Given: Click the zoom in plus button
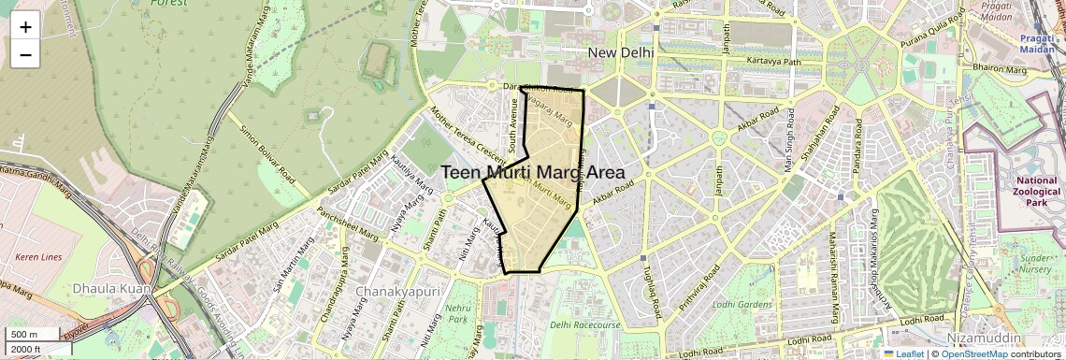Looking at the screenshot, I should (25, 26).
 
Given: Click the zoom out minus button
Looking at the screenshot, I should (25, 54).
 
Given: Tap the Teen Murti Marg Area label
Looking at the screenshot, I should (532, 172).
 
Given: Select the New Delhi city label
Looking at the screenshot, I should (618, 52).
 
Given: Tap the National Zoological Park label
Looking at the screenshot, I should (1035, 191).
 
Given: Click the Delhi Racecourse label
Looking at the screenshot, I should (585, 325).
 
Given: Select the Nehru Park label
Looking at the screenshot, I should (455, 313).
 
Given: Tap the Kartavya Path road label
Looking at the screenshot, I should (775, 62).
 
